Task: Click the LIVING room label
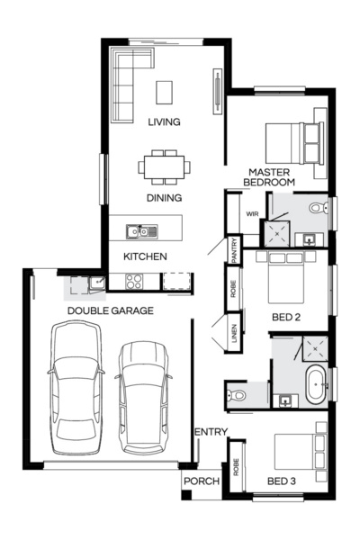pos(163,121)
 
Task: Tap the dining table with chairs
pos(165,166)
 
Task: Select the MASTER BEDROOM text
pos(269,176)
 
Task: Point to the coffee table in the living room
pos(164,92)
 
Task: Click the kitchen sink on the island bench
pos(142,231)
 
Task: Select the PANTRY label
pos(235,249)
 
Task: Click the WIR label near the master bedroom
pos(252,213)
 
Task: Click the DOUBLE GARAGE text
pos(110,310)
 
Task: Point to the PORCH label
pos(202,481)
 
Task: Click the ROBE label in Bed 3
pos(236,466)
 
